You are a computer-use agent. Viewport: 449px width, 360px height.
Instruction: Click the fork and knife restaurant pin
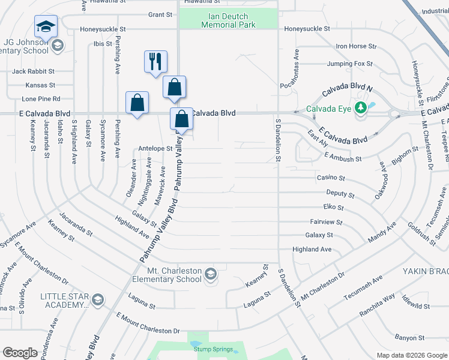(x=155, y=62)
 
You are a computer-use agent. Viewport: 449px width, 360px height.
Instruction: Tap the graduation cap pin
(x=46, y=27)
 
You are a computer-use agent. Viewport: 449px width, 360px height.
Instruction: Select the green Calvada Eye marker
(x=360, y=108)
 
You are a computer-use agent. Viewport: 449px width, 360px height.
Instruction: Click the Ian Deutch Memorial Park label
(x=228, y=20)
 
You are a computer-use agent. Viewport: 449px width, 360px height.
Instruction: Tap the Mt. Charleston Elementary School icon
(x=210, y=275)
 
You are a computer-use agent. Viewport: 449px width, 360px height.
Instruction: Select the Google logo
(x=20, y=353)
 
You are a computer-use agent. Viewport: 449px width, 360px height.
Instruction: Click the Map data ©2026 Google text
(x=412, y=355)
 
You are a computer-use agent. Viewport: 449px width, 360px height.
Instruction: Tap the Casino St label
(x=331, y=178)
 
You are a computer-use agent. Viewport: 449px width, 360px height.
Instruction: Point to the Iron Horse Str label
(x=356, y=46)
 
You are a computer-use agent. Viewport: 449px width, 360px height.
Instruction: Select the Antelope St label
(x=155, y=148)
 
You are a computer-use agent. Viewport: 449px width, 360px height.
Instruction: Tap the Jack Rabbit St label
(x=34, y=71)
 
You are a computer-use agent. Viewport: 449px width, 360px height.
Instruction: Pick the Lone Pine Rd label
(x=41, y=98)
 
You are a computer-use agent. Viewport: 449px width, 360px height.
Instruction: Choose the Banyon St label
(x=409, y=338)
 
